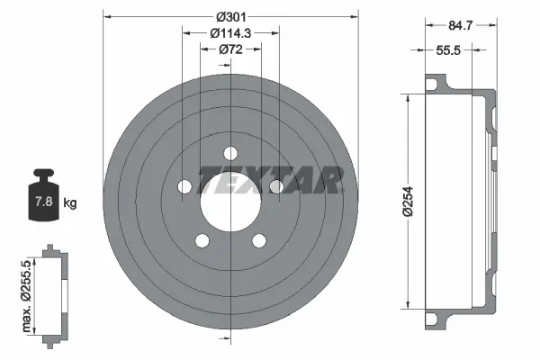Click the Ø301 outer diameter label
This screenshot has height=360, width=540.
click(x=231, y=15)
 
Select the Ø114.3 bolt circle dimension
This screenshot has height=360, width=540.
click(x=229, y=33)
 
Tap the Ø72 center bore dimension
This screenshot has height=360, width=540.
click(x=230, y=51)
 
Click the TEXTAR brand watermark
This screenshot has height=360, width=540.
click(x=269, y=181)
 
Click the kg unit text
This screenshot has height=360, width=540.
click(x=70, y=203)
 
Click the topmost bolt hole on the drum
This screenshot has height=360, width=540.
click(x=230, y=152)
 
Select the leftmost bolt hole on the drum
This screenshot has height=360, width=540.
click(x=184, y=187)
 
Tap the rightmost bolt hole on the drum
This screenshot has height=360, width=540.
click(x=276, y=186)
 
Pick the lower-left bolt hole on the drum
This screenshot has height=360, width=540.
click(x=202, y=240)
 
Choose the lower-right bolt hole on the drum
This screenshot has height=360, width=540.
click(x=259, y=240)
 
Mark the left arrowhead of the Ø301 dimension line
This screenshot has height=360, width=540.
click(x=106, y=15)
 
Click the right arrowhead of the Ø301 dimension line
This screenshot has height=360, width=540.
click(x=355, y=15)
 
